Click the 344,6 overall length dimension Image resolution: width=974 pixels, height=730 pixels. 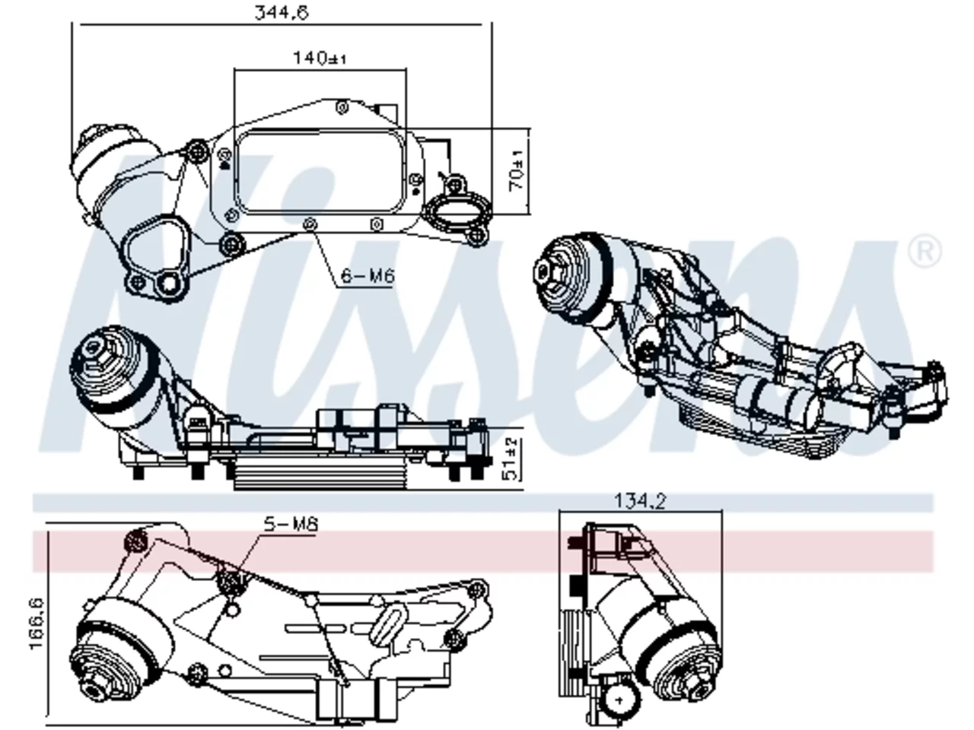click(x=282, y=12)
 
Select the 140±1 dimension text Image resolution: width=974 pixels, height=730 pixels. click(x=320, y=58)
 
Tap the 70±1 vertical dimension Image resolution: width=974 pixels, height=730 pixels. click(x=517, y=170)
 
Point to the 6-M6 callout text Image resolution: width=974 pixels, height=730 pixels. click(x=368, y=276)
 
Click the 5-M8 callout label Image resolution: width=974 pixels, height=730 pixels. click(x=291, y=525)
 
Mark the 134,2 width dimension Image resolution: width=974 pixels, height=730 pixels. click(x=640, y=501)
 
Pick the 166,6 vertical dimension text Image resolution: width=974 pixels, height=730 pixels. click(x=37, y=624)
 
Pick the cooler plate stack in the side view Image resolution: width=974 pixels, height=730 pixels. click(x=320, y=474)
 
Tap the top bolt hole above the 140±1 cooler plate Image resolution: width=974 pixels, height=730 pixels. click(x=342, y=107)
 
